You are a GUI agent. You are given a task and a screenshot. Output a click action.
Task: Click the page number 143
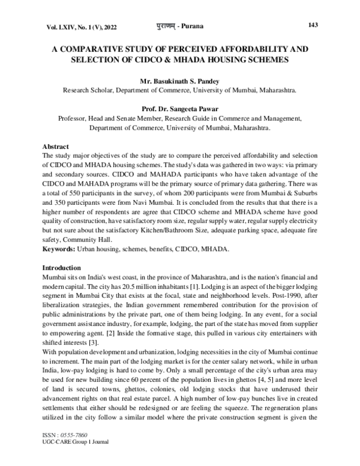point(312,25)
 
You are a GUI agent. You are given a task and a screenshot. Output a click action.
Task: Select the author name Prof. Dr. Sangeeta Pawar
point(180,109)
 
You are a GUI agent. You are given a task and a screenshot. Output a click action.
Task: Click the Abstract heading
point(56,147)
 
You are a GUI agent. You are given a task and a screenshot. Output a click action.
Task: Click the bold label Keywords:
point(60,248)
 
